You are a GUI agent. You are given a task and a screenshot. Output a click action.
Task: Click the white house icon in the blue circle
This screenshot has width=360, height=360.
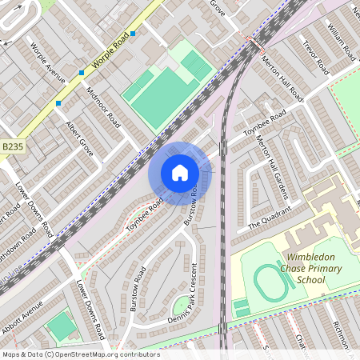[180, 173]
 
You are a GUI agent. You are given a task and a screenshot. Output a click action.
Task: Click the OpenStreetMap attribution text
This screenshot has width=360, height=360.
[80, 354]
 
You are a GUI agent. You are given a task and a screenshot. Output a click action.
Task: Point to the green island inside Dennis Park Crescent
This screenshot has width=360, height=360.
[182, 306]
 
